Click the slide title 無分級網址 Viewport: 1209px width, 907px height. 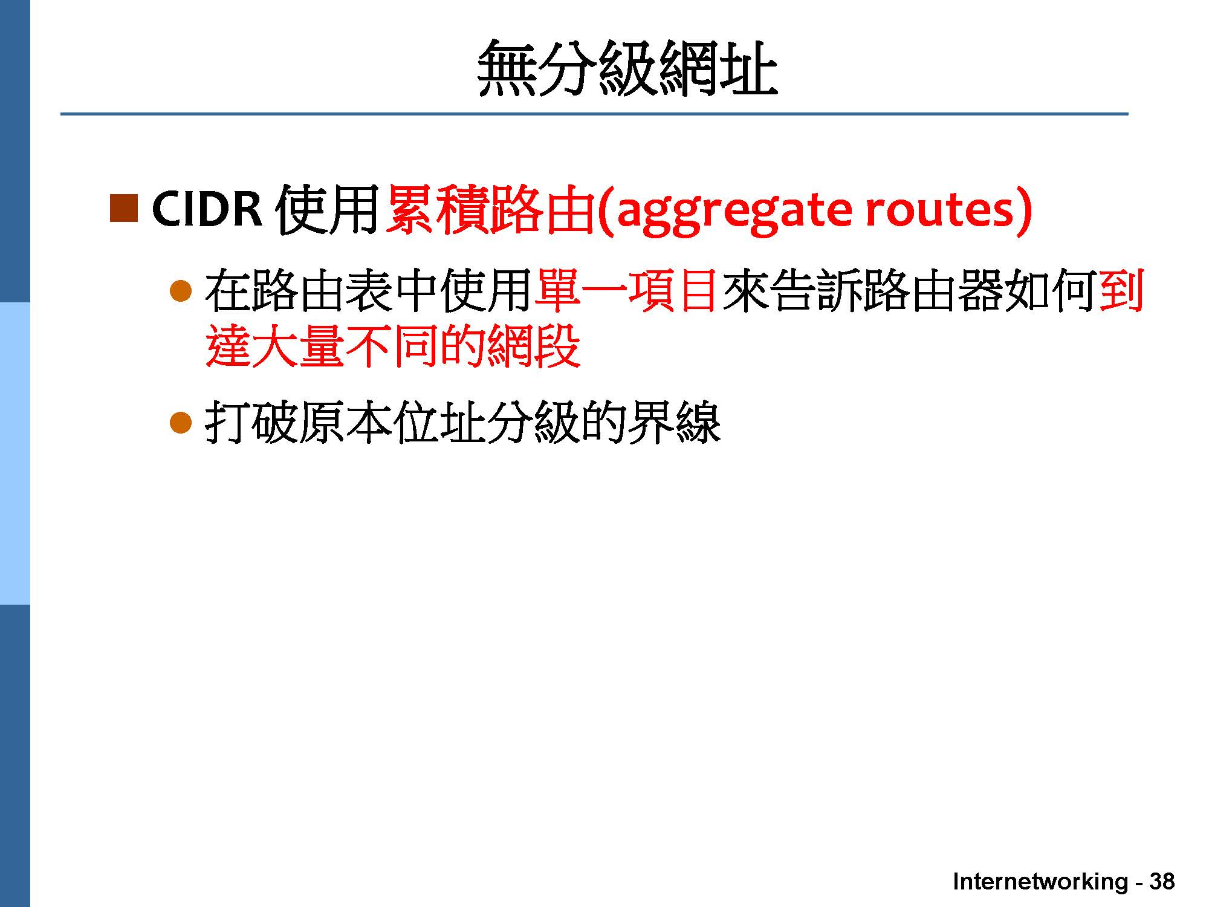tap(627, 68)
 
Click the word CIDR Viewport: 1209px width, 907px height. tap(207, 209)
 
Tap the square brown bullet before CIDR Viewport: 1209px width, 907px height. tap(124, 208)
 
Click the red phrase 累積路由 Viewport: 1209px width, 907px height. tap(490, 209)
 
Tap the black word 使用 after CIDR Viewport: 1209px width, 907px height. tap(326, 209)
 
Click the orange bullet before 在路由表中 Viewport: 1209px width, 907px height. tap(181, 291)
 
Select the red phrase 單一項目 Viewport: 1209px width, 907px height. tap(627, 291)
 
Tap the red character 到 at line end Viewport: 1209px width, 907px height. tap(1120, 291)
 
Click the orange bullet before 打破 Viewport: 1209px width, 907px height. tap(181, 423)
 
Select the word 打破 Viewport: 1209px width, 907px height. tap(251, 423)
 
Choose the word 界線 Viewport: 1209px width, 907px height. tap(674, 423)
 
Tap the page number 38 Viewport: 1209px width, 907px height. tap(1161, 881)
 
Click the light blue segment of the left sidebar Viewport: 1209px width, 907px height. tap(15, 453)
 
